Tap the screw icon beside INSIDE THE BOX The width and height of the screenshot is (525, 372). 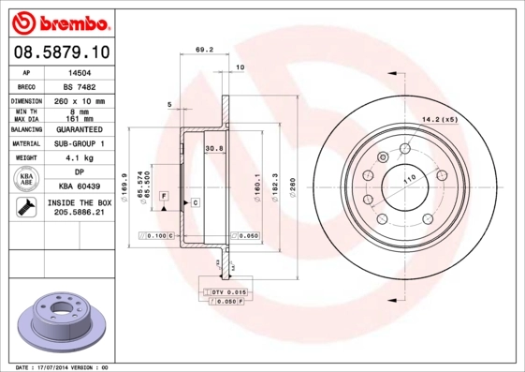[x=25, y=208]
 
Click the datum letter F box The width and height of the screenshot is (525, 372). [x=164, y=195]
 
